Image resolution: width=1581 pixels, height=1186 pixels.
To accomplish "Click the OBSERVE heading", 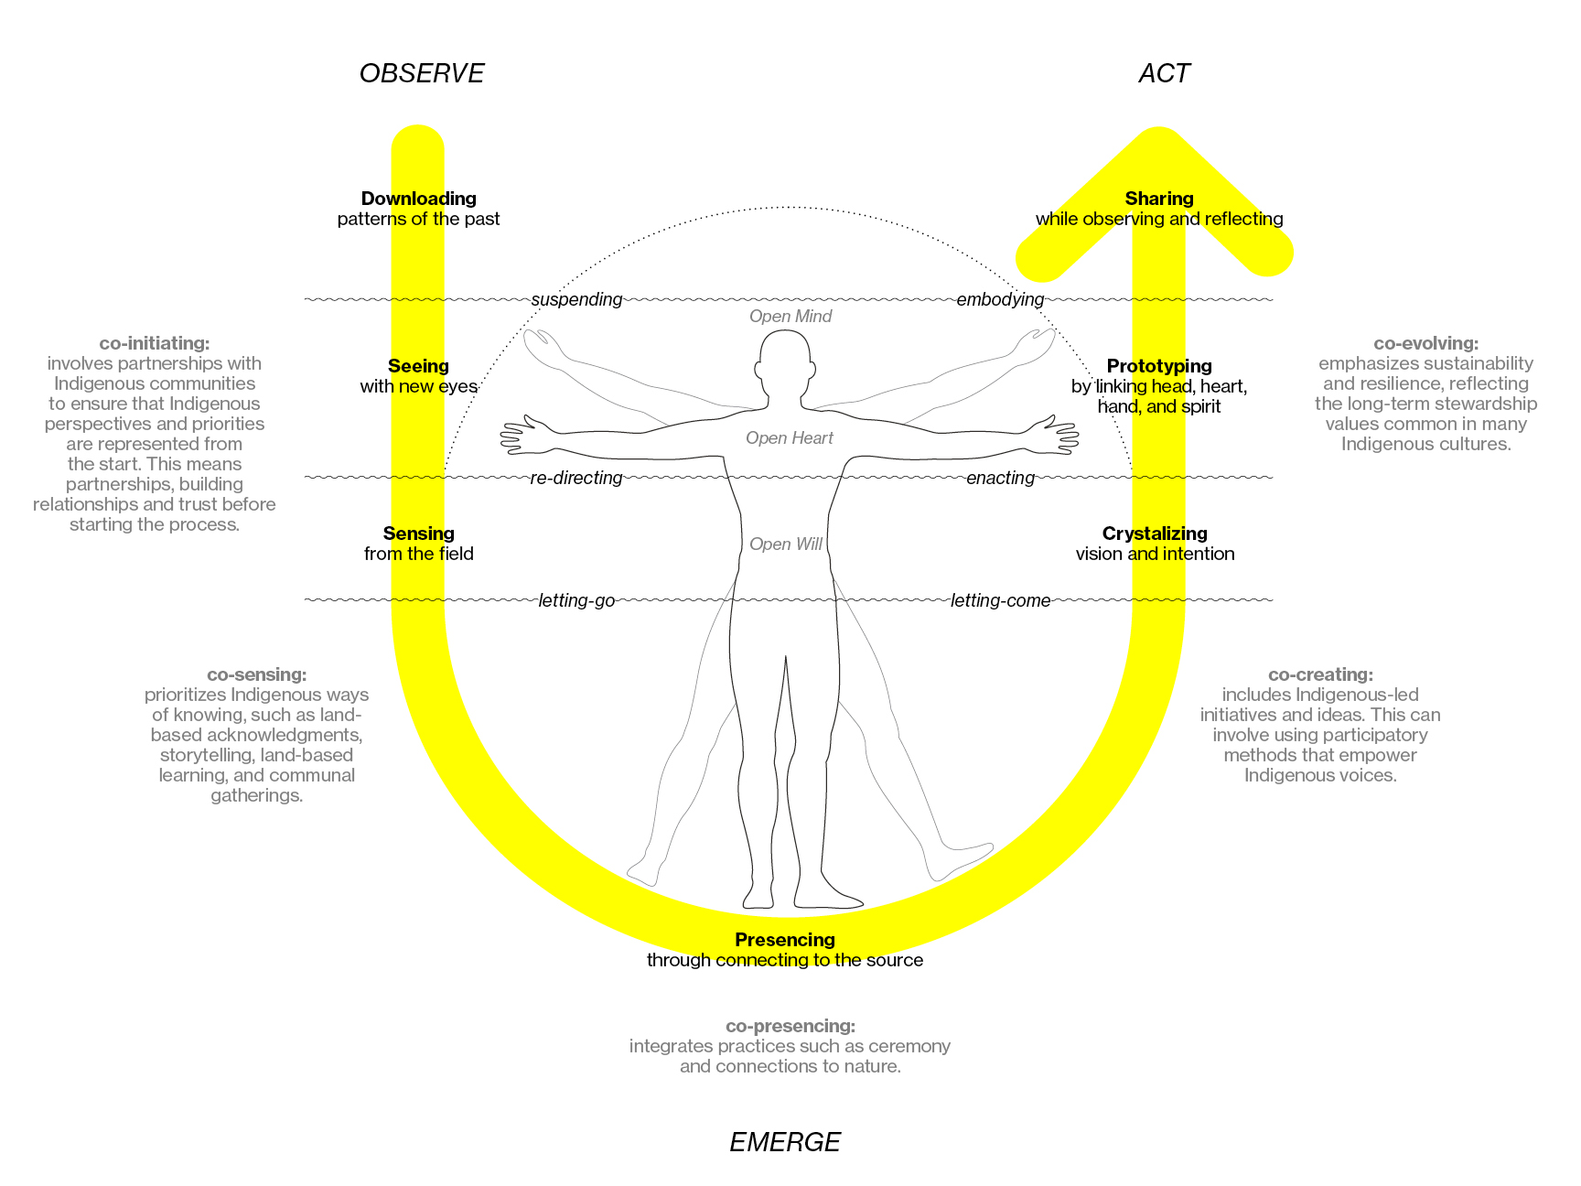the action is point(422,73).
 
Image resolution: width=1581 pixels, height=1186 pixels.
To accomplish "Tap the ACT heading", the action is point(1164,73).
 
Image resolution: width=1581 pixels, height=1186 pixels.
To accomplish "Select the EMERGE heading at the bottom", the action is point(785,1142).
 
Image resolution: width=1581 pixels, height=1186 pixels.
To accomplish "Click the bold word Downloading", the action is point(419,199).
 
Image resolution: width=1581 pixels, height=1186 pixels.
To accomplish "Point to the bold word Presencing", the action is point(785,940).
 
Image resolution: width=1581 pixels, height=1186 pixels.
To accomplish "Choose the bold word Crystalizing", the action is point(1155,534).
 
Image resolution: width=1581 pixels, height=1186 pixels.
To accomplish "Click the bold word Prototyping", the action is point(1159,366).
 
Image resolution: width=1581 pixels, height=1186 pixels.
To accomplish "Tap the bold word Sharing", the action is point(1159,199).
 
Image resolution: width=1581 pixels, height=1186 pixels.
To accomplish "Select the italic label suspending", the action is point(576,299).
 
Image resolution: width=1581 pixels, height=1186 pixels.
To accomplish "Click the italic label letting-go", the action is point(576,600).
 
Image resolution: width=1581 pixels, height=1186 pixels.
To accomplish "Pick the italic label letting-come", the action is point(1000,600).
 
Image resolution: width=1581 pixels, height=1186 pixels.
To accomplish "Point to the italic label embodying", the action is point(1000,299).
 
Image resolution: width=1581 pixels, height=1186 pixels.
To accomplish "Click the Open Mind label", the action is point(790,317).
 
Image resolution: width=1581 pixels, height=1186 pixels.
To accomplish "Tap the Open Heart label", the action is point(790,438).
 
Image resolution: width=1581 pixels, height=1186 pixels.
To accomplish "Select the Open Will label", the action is point(786,544).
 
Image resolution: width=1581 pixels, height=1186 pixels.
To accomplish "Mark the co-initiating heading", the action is point(155,343).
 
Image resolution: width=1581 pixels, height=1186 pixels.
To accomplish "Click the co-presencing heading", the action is point(790,1026).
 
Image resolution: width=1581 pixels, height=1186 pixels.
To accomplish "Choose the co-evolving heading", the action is point(1426,343).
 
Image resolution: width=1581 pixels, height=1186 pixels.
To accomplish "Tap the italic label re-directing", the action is point(576,478).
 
